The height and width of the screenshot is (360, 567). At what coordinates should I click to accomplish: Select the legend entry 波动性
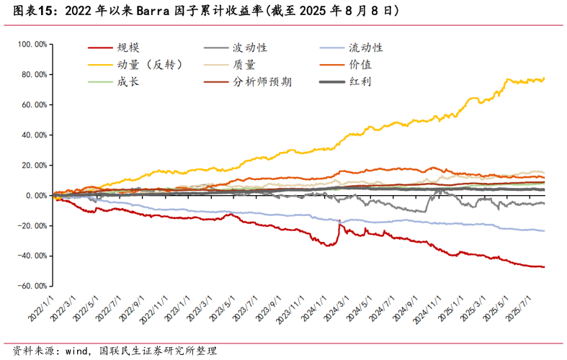[x=249, y=48]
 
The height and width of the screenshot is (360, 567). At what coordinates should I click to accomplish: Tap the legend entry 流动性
[x=366, y=48]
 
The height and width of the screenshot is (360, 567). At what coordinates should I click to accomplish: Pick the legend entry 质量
[x=244, y=65]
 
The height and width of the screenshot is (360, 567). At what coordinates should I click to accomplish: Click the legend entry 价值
[x=360, y=65]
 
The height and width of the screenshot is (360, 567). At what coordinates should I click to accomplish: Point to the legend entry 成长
[x=128, y=81]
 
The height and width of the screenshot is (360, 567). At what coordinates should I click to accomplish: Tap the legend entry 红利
[x=360, y=81]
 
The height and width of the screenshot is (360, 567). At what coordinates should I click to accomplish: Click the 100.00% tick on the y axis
[x=32, y=45]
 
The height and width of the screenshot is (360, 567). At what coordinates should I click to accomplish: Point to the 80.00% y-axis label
[x=34, y=75]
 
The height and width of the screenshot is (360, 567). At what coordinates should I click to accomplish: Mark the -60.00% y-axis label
[x=32, y=286]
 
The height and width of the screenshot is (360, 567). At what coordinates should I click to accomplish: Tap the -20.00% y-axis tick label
[x=32, y=226]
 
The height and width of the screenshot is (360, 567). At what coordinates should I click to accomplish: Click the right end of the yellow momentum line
[x=544, y=78]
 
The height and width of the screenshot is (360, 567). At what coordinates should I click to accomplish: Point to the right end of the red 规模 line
[x=544, y=267]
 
